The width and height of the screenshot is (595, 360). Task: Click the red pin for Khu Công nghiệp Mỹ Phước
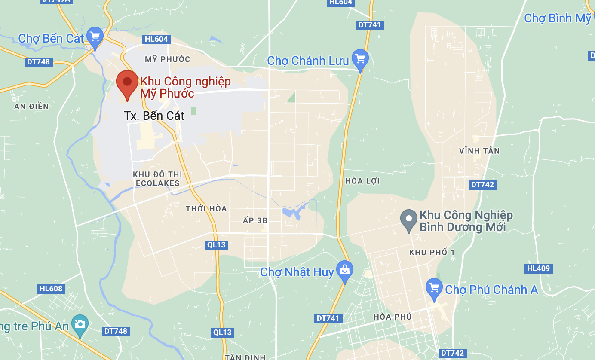[x=127, y=82]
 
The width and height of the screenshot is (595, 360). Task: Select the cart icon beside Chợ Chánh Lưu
[x=360, y=58]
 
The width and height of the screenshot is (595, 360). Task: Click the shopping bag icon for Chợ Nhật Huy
[x=344, y=270]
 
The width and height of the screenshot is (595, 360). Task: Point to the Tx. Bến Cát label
[x=154, y=116]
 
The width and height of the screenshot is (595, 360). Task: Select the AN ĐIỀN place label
[x=31, y=107]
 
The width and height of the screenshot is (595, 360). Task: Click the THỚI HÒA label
[x=206, y=209]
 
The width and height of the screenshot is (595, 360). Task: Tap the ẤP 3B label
[x=255, y=221]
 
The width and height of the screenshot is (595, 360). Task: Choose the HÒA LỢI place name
[x=362, y=181]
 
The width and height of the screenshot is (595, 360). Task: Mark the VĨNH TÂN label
[x=479, y=151]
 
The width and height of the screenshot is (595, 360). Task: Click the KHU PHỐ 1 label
[x=432, y=253]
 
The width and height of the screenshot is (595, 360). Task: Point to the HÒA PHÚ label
[x=393, y=317]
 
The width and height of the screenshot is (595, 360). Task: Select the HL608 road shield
[x=51, y=289]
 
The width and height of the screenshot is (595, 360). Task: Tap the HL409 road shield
[x=538, y=269]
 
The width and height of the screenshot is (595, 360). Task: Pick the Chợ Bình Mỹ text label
[x=558, y=18]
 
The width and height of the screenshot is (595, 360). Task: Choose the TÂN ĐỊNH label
[x=245, y=357]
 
